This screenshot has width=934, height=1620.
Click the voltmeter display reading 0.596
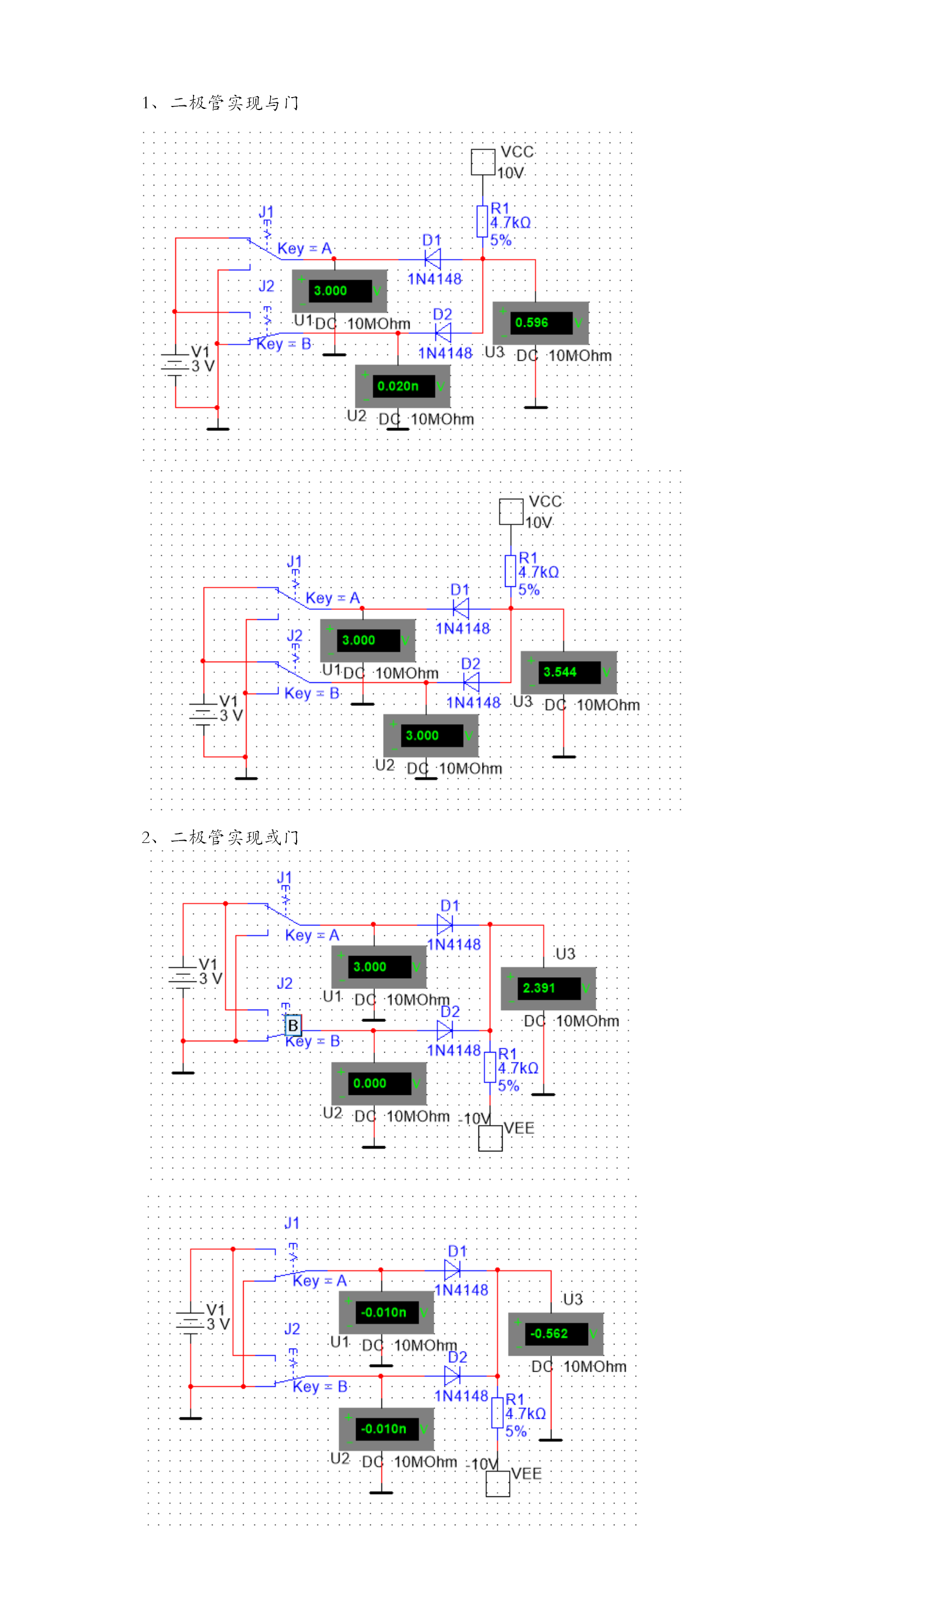pos(540,323)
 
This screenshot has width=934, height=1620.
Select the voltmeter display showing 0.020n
pos(403,386)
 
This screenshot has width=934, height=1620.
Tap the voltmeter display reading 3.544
pos(569,672)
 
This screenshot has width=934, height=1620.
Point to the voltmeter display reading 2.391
pos(547,988)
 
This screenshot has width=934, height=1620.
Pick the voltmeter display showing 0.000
pos(378,1084)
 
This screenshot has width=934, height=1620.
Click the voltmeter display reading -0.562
pos(555,1334)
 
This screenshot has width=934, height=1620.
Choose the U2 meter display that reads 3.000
pos(430,736)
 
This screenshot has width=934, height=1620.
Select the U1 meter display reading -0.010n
pos(385,1313)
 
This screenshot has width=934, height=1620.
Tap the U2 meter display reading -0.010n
pos(385,1429)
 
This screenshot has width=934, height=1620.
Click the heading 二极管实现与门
pos(235,102)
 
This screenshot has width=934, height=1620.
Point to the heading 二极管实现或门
pos(235,837)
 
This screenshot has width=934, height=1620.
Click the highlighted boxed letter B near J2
pos(293,1025)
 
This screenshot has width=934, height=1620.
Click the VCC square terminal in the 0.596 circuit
pos(483,162)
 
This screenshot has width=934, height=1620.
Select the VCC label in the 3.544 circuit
pos(545,502)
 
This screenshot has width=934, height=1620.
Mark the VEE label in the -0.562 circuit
pos(526,1474)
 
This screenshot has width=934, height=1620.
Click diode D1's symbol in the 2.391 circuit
pos(444,925)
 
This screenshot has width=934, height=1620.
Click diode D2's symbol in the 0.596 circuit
pos(443,333)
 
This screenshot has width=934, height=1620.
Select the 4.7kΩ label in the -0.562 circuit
pos(526,1413)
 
